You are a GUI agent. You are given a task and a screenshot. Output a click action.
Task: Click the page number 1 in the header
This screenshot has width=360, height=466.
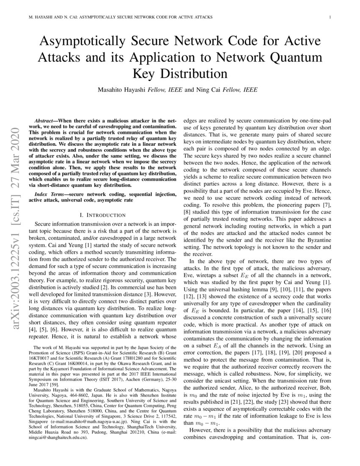[x=329, y=17]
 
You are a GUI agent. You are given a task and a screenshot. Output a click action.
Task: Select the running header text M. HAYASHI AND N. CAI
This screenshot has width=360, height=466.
[x=49, y=17]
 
